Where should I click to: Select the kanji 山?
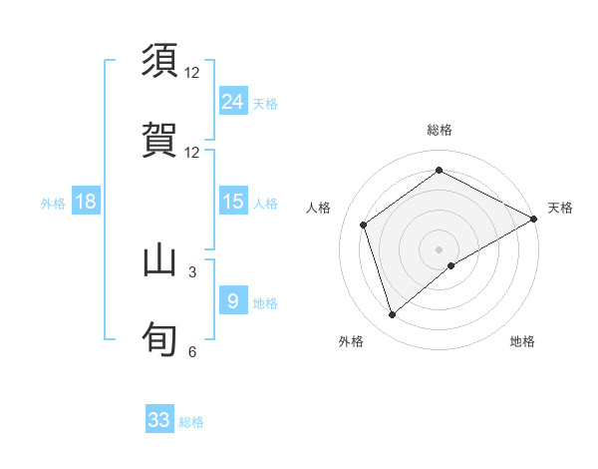click(x=159, y=260)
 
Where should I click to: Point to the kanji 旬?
click(x=159, y=338)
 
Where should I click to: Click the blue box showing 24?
click(x=232, y=101)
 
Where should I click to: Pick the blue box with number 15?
click(x=232, y=202)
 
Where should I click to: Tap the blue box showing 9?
click(x=232, y=300)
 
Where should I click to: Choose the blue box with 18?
click(x=86, y=202)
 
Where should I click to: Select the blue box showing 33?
click(x=159, y=420)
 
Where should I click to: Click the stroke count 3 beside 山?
click(x=192, y=270)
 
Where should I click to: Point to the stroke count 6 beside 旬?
click(x=192, y=351)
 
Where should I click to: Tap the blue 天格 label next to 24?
click(x=265, y=103)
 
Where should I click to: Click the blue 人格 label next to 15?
click(x=265, y=204)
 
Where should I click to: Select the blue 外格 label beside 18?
click(x=53, y=204)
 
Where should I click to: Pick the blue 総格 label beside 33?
click(x=191, y=422)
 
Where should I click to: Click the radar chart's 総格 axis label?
click(x=440, y=130)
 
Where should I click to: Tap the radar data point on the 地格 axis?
click(x=451, y=265)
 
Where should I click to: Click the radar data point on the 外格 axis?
click(x=392, y=315)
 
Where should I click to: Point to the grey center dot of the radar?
click(x=440, y=248)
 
